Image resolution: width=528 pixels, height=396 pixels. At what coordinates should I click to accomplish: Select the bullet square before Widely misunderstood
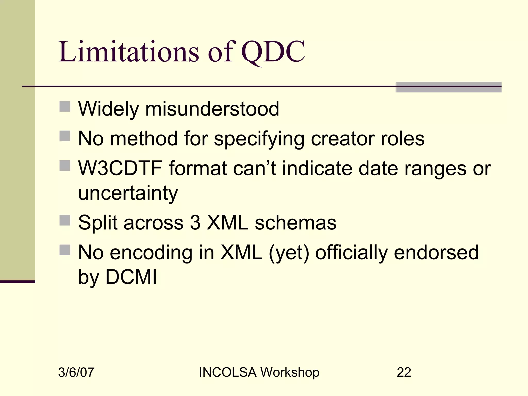pos(65,106)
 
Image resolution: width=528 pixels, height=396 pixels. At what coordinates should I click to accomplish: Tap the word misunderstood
pos(212,109)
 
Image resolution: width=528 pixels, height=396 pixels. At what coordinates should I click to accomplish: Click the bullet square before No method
pos(65,136)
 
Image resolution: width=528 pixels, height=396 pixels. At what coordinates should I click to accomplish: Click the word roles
pos(402,139)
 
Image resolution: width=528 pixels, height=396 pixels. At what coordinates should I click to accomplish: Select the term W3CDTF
pos(120,168)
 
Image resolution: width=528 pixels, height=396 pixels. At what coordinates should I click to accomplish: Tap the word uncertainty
pos(128,193)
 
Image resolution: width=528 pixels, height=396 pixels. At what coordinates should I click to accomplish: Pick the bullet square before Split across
pos(65,220)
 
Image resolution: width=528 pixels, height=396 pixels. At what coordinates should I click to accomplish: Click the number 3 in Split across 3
pos(195,223)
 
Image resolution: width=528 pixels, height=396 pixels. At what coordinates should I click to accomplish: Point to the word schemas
pos(295,223)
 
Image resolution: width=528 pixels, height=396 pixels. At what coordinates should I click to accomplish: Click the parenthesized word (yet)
pos(289,253)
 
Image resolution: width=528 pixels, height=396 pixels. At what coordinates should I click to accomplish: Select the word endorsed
pos(436,252)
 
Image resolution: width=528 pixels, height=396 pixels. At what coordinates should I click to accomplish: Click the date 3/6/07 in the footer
pos(76,373)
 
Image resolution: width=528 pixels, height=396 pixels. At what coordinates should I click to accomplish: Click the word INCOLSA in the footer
pos(228,373)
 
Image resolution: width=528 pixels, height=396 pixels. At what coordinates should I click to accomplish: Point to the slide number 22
pos(404,373)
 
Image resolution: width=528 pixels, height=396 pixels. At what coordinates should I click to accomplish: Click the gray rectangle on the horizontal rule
pos(448,87)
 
